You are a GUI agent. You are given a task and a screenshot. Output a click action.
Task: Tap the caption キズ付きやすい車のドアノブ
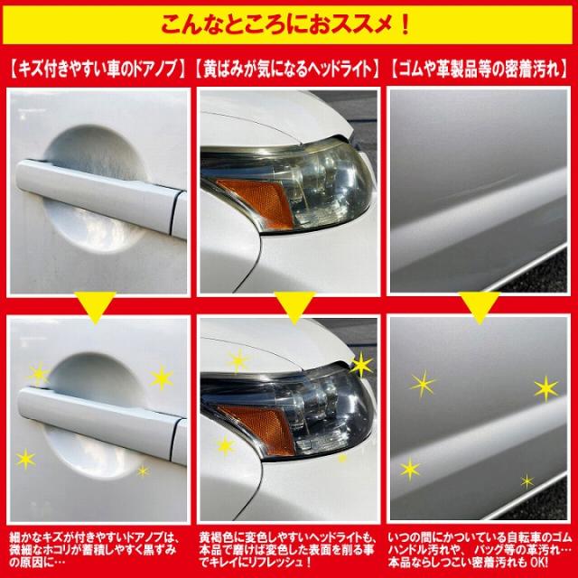[x=97, y=66]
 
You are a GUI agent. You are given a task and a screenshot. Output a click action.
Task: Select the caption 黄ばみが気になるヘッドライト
[x=289, y=66]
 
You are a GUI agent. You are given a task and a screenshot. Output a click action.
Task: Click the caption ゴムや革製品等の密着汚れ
[x=481, y=66]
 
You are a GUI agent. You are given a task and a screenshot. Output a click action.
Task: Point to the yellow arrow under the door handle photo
[x=95, y=306]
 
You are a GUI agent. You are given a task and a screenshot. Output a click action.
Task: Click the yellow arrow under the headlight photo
[x=289, y=306]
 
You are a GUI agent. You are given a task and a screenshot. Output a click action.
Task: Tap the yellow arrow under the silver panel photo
[x=481, y=306]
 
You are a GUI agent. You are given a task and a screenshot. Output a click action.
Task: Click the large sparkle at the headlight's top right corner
[x=360, y=366]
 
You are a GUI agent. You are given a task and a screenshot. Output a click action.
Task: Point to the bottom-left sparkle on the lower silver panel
[x=410, y=469]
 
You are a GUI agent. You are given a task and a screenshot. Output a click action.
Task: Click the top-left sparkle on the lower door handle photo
[x=38, y=371]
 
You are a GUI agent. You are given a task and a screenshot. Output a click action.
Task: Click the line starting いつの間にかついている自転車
[x=480, y=537]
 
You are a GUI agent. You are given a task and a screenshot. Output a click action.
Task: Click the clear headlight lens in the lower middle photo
[x=321, y=402]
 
